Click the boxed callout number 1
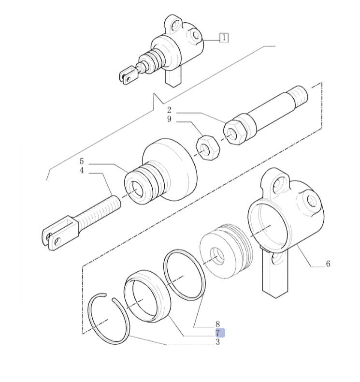point(224,38)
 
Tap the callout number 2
point(169,110)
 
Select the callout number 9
point(169,119)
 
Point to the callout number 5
point(82,162)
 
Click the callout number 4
point(82,171)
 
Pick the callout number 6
point(328,264)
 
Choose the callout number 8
point(217,324)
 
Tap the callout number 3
point(217,342)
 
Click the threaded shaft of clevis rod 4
point(100,209)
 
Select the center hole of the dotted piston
point(216,256)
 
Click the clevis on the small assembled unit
point(129,74)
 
